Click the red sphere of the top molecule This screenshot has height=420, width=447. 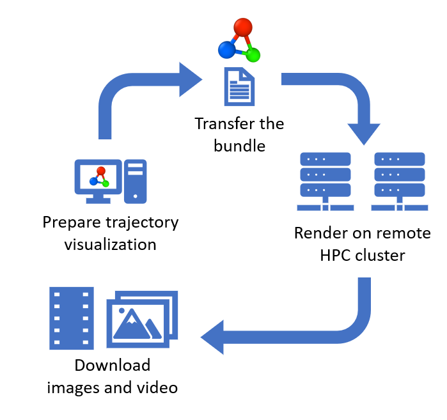pyautogui.click(x=243, y=27)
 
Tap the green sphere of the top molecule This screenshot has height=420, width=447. pyautogui.click(x=253, y=54)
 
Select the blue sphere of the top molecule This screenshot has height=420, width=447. pyautogui.click(x=226, y=49)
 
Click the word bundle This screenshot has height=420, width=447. pyautogui.click(x=240, y=145)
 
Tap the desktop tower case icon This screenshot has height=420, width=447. pyautogui.click(x=135, y=177)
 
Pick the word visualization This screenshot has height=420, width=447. pyautogui.click(x=110, y=244)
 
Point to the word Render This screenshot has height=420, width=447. pyautogui.click(x=317, y=233)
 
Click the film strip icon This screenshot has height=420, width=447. pyautogui.click(x=72, y=318)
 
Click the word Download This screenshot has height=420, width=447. pyautogui.click(x=113, y=366)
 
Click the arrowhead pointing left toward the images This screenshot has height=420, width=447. pyautogui.click(x=214, y=336)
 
